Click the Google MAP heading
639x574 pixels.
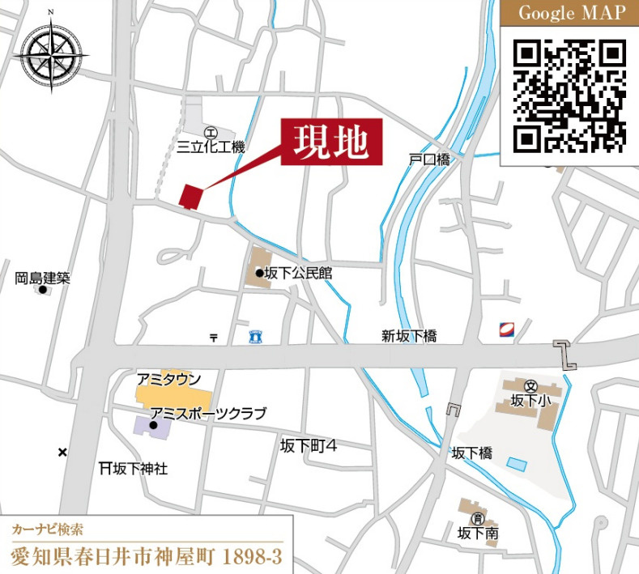coord(572,13)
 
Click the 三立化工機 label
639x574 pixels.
coord(211,147)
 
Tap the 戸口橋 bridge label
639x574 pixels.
coord(429,160)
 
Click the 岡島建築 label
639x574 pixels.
coord(43,278)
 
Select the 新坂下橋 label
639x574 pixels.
coord(409,336)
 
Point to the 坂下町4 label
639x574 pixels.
coord(309,444)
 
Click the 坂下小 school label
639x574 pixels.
coord(530,400)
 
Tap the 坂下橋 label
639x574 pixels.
coord(471,453)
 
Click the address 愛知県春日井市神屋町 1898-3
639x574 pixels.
coord(146,558)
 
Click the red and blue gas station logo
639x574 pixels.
coord(507,329)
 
